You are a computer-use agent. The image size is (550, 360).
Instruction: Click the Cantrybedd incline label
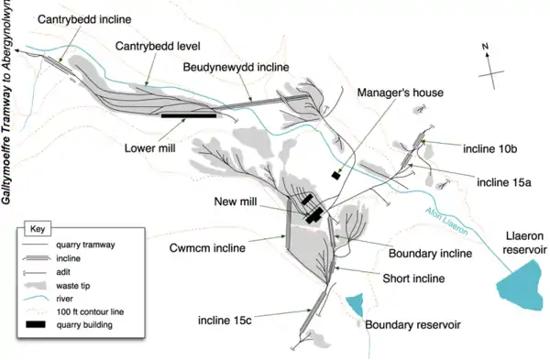point(84,19)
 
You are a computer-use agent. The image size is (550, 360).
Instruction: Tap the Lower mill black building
point(189,115)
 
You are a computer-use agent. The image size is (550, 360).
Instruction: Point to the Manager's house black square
point(336,175)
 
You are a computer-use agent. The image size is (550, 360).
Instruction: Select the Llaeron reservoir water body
point(520,286)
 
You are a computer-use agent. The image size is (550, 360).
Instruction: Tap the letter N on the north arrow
point(485,47)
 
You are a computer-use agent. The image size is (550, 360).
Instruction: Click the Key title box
point(38,229)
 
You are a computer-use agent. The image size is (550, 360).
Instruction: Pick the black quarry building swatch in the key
point(36,324)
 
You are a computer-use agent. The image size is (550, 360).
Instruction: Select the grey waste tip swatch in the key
point(36,285)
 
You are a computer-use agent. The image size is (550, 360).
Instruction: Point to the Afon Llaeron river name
point(447,221)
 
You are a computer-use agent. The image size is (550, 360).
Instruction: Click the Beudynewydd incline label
point(236,67)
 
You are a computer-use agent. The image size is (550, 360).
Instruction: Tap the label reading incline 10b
point(490,149)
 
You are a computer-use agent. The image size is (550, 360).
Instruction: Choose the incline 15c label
point(225,321)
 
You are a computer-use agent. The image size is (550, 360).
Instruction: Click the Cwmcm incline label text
point(207,248)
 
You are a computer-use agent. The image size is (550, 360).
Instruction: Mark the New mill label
point(236,202)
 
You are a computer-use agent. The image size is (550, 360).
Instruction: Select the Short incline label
point(413,278)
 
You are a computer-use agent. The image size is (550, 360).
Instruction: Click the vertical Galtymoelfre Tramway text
point(6,102)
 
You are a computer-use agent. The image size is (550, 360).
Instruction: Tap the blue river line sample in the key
point(36,299)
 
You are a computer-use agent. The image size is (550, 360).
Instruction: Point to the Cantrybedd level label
point(158,46)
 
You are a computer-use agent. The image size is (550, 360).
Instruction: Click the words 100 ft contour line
point(90,311)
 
